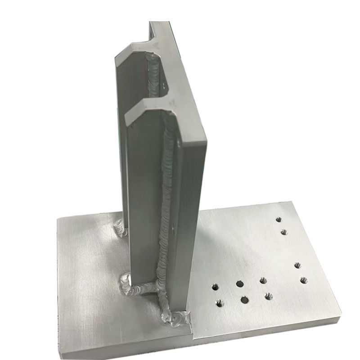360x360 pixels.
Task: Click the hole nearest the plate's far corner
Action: click(x=279, y=220)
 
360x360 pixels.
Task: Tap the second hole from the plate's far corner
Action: click(x=284, y=232)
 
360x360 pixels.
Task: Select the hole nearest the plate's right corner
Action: click(x=303, y=280)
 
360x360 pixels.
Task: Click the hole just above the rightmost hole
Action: click(x=297, y=265)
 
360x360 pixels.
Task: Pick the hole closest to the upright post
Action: click(x=215, y=286)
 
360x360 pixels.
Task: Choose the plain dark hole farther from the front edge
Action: click(x=239, y=284)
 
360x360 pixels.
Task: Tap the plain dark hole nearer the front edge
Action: click(x=244, y=299)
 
